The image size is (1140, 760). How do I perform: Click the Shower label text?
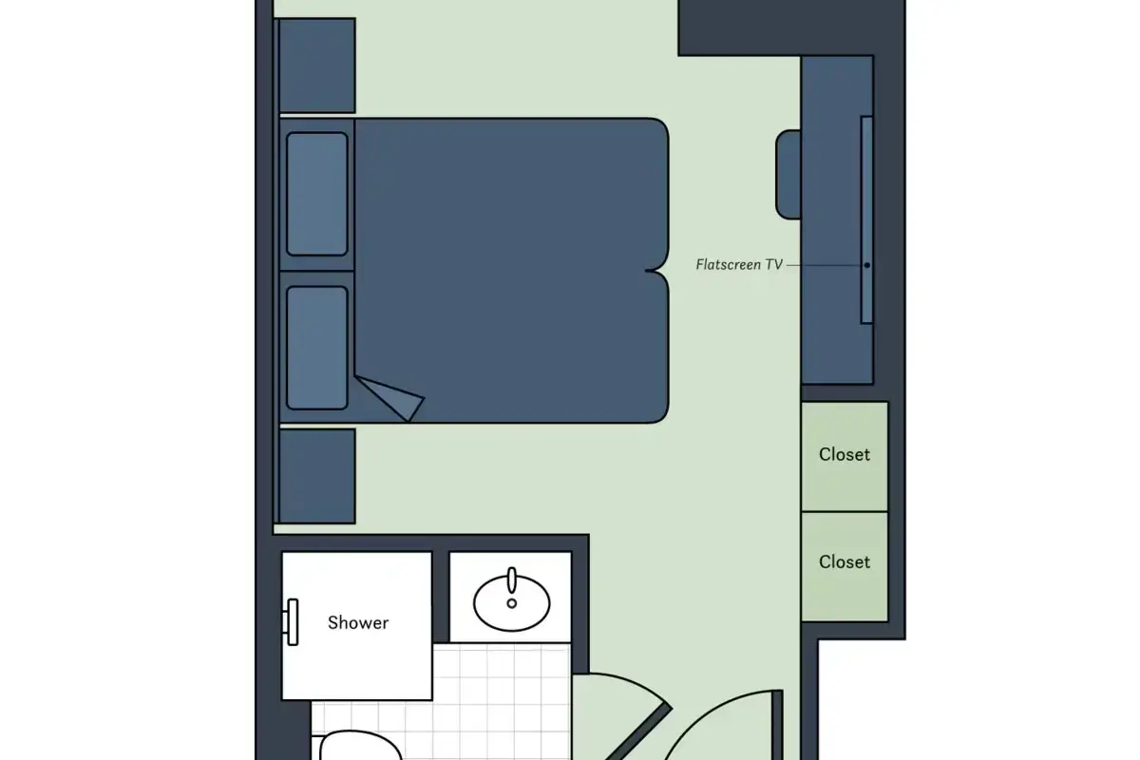[x=358, y=622]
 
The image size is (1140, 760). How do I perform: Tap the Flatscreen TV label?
[x=739, y=265]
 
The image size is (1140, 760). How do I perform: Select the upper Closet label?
[x=845, y=454]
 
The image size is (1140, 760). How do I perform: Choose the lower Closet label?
[x=845, y=562]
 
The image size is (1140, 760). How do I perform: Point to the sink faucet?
[x=511, y=580]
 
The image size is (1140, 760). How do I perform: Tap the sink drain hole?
[x=511, y=603]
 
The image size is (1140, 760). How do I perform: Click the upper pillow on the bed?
[x=317, y=194]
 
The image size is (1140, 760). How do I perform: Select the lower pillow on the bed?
[x=317, y=349]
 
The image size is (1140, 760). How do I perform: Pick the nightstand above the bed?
[x=317, y=66]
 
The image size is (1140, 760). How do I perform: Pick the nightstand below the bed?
[x=317, y=476]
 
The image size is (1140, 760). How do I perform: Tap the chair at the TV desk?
[x=788, y=175]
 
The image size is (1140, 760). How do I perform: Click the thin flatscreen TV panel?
[x=866, y=219]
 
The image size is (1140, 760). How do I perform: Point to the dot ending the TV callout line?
[x=867, y=265]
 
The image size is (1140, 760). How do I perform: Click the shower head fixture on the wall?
[x=291, y=622]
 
